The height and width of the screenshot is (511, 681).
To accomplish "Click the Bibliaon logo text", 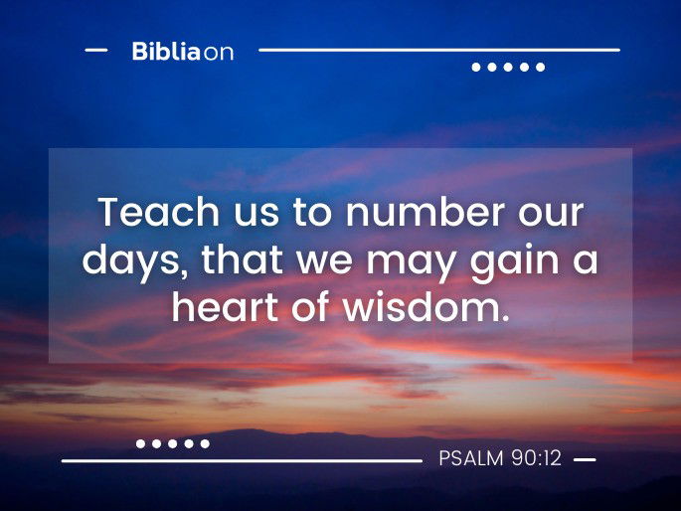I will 183,52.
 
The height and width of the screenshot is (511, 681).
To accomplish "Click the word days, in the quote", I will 135,260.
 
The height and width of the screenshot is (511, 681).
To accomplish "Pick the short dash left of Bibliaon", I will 96,50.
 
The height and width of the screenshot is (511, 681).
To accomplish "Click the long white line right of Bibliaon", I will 438,49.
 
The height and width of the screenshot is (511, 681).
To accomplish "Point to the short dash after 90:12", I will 585,460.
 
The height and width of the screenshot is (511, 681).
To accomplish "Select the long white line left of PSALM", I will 242,460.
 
